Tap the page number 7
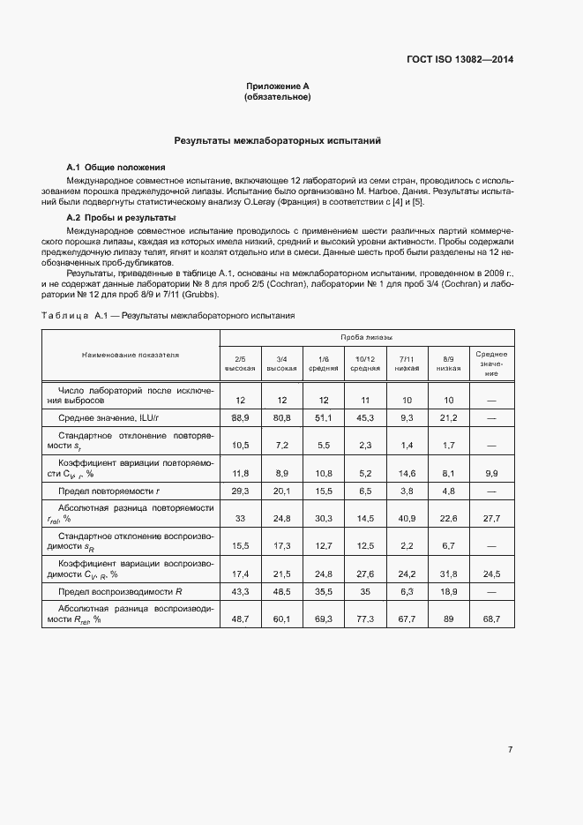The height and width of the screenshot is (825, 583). pyautogui.click(x=511, y=750)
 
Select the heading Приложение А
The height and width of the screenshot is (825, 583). pyautogui.click(x=277, y=86)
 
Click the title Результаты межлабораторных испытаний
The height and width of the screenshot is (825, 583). pyautogui.click(x=277, y=140)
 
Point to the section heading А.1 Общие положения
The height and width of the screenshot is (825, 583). pyautogui.click(x=116, y=168)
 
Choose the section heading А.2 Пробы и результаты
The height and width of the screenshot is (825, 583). pyautogui.click(x=122, y=217)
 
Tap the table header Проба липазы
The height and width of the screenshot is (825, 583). pyautogui.click(x=367, y=338)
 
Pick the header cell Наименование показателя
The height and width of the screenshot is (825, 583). pyautogui.click(x=131, y=355)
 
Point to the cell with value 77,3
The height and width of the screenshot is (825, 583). pyautogui.click(x=365, y=620)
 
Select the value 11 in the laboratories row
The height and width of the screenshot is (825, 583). pyautogui.click(x=365, y=400)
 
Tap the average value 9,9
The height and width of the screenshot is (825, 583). pyautogui.click(x=491, y=473)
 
